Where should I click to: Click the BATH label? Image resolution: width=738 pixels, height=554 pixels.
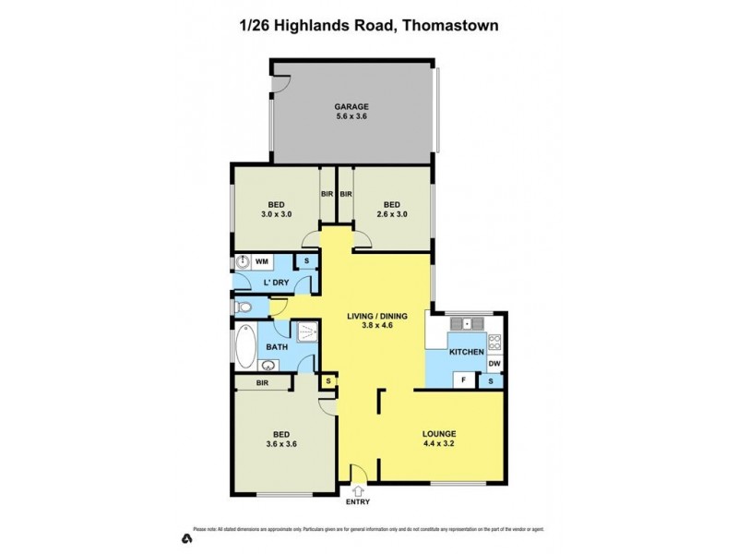point(277,347)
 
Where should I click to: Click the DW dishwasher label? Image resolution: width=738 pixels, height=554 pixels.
point(494,364)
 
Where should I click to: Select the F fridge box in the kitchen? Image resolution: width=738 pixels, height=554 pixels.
point(464,380)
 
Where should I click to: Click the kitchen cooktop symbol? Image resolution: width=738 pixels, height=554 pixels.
point(494,343)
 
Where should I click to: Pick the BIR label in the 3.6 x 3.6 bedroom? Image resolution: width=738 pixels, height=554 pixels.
point(262,381)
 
